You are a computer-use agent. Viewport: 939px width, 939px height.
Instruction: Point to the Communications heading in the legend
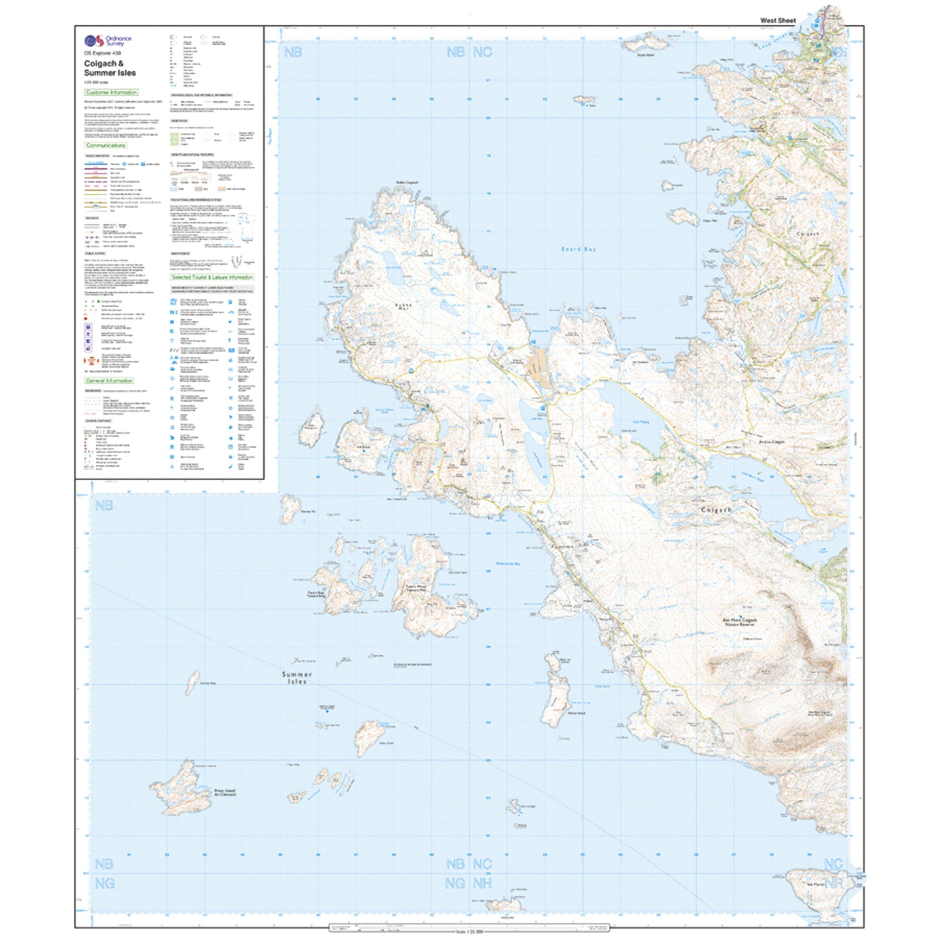tap(106, 145)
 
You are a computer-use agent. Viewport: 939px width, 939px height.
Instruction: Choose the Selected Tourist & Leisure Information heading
tap(212, 277)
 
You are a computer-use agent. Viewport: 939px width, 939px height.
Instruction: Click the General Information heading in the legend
tap(109, 381)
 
